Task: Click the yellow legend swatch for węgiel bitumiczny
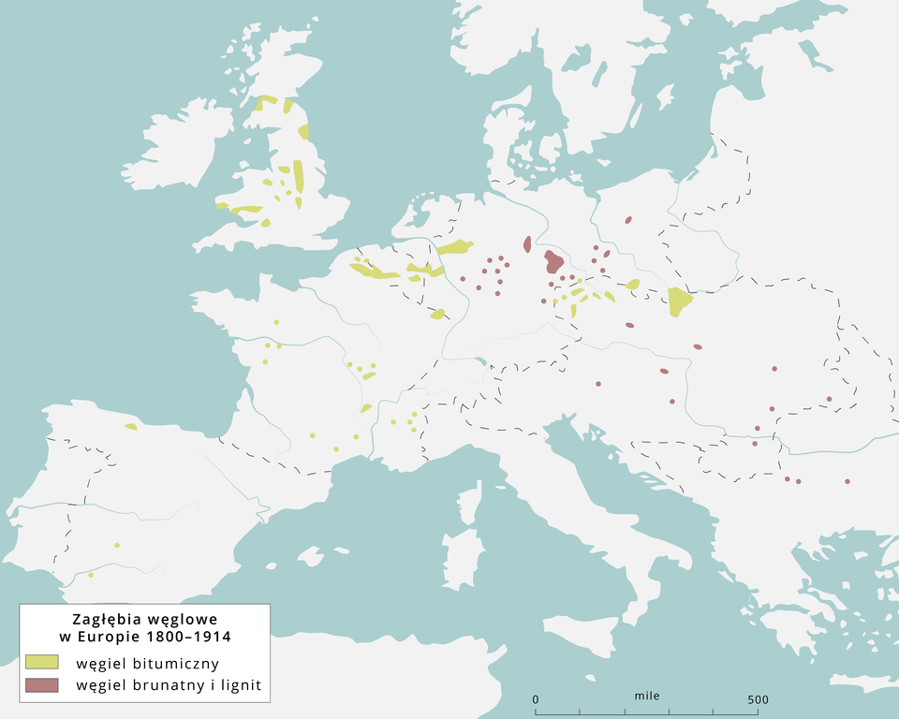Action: [x=42, y=662]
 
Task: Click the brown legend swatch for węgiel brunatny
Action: [x=42, y=684]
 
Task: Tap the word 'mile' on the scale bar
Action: [x=646, y=697]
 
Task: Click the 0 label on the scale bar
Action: [x=536, y=699]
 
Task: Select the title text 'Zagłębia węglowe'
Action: [x=145, y=620]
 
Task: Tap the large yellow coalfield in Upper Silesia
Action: [x=680, y=301]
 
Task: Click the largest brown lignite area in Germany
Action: [x=553, y=260]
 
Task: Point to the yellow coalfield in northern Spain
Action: [x=131, y=427]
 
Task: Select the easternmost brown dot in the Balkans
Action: [x=847, y=481]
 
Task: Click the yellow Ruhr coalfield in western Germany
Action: [x=456, y=247]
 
